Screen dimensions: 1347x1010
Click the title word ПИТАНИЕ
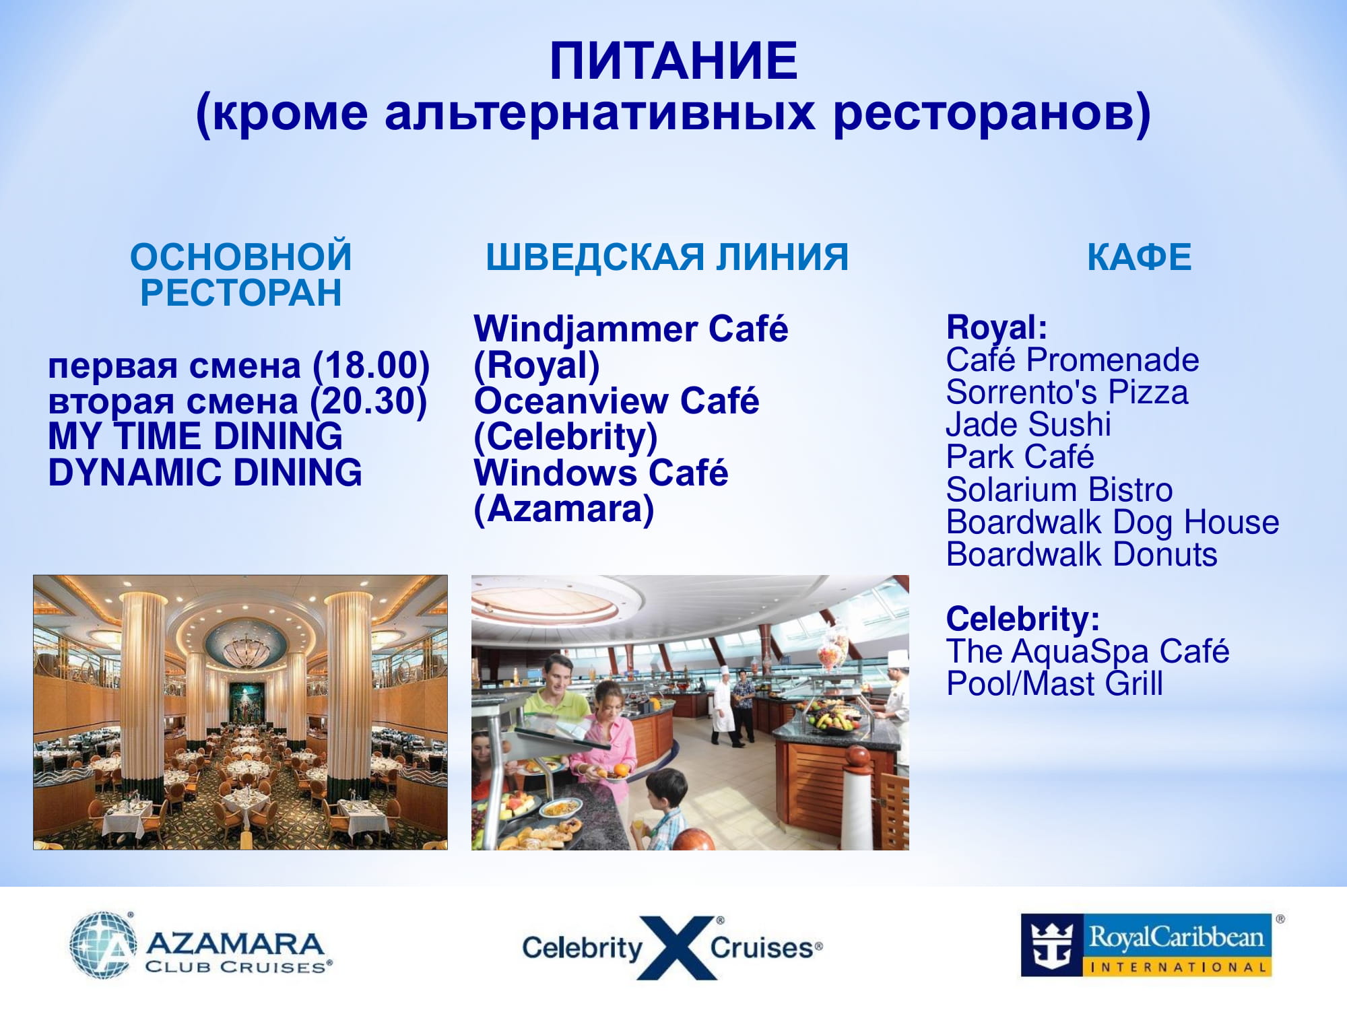[x=673, y=61]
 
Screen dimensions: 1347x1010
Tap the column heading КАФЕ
[x=1140, y=257]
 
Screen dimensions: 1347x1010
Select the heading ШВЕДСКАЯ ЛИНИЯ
[x=667, y=257]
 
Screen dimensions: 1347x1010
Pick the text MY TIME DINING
[x=195, y=436]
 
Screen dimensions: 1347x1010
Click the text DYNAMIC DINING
[x=205, y=473]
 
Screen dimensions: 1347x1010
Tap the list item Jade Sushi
[x=1028, y=425]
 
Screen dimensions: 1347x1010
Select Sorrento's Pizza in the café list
[x=1067, y=393]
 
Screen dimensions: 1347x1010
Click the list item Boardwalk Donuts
[x=1082, y=555]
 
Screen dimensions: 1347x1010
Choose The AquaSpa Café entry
[x=1088, y=652]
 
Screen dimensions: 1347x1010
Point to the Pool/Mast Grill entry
[x=1055, y=684]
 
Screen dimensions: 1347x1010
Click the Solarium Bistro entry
[x=1059, y=490]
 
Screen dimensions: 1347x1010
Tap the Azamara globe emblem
[x=102, y=945]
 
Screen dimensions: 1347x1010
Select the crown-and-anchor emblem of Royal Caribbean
[x=1053, y=945]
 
